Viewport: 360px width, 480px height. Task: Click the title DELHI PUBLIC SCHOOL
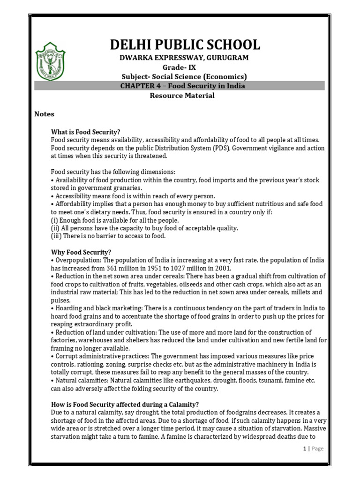[185, 45]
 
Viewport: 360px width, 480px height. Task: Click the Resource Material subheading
[182, 96]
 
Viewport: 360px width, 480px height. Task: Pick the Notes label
[45, 114]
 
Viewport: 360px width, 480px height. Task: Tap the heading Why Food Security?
[81, 252]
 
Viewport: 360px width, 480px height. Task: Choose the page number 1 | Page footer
[313, 448]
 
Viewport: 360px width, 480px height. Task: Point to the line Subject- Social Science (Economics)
[184, 76]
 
